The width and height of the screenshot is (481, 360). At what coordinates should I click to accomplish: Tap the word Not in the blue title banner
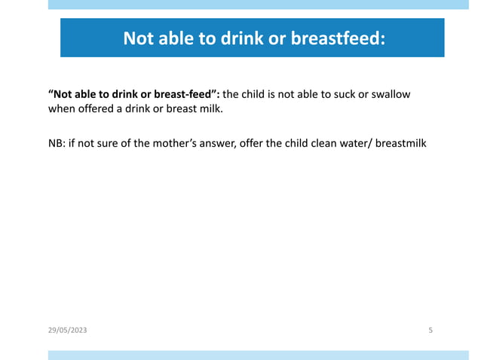coord(139,38)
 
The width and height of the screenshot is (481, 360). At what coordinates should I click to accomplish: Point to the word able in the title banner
coord(176,38)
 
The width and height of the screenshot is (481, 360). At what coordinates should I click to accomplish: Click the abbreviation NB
coord(56,142)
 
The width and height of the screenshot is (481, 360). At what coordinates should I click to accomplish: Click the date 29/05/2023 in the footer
coord(68,331)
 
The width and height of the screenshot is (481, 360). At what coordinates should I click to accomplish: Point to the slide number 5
coord(430,331)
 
